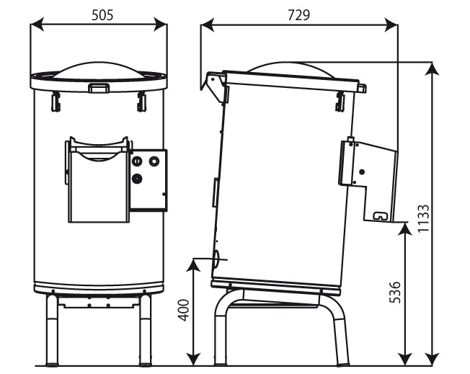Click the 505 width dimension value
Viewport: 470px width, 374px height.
coord(102,15)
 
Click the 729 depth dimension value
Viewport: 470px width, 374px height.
coord(298,15)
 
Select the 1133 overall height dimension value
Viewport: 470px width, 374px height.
coord(424,218)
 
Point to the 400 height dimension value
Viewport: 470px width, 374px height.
coord(183,310)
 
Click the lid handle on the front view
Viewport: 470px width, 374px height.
coord(98,87)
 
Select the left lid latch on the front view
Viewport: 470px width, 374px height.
coord(56,102)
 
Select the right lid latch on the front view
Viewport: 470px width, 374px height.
coord(141,102)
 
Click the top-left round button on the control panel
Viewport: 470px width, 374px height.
coord(136,161)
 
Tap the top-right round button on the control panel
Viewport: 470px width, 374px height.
coord(154,161)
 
